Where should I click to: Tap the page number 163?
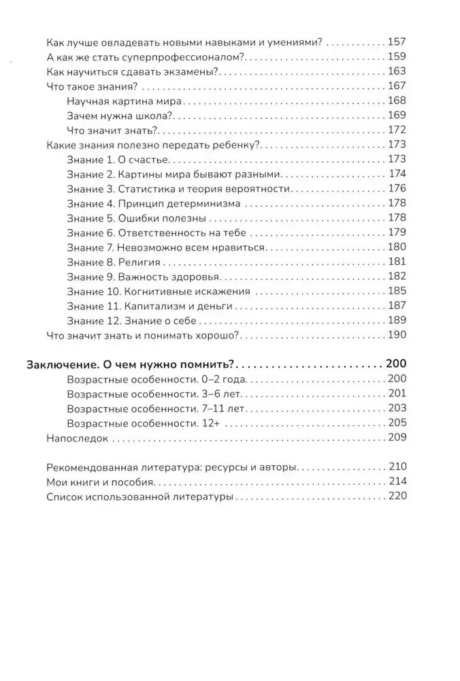395,71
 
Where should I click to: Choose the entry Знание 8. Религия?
114,262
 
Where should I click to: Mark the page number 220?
395,496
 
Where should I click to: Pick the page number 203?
395,409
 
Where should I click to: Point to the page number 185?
395,291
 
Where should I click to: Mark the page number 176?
395,188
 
